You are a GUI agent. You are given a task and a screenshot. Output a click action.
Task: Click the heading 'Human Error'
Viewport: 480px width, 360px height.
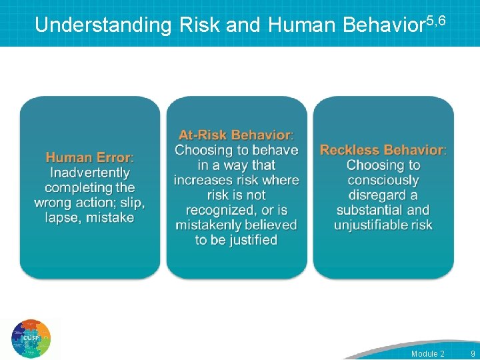(89, 158)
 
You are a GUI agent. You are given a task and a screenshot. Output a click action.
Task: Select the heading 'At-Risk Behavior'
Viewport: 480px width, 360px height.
(235, 135)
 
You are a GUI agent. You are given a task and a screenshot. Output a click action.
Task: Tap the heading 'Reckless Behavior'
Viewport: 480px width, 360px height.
(382, 150)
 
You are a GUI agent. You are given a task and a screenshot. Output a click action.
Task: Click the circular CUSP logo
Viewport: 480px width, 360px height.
(31, 339)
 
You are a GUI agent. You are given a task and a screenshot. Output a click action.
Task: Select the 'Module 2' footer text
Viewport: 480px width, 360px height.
(427, 353)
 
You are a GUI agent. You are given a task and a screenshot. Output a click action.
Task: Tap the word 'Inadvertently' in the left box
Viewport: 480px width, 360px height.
(90, 173)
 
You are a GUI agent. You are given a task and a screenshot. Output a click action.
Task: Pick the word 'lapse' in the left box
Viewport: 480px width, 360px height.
(61, 218)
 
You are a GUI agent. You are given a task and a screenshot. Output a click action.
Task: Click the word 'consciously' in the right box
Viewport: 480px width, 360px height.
(383, 180)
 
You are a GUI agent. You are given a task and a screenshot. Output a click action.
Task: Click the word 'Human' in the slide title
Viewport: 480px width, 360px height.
(302, 25)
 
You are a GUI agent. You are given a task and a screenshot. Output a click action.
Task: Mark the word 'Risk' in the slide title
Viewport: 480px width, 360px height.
(200, 25)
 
